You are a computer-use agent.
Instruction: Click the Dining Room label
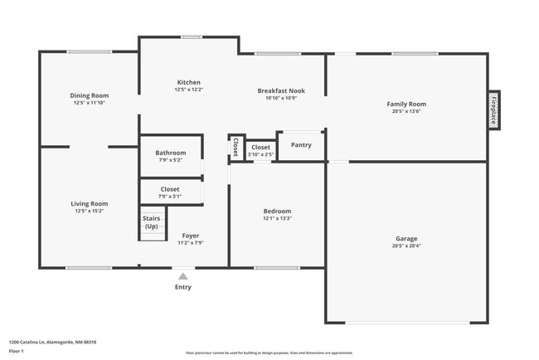coord(89,95)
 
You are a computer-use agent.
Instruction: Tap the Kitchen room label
coord(188,82)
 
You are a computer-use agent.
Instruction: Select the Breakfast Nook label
coord(281,90)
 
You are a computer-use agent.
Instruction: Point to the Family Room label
coord(406,104)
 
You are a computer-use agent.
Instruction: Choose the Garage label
coord(406,239)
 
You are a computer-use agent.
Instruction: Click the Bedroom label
coord(277,212)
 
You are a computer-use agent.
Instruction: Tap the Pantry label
coord(301,145)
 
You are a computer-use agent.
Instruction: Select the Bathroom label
coord(170,153)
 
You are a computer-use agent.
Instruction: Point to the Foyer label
coord(191,236)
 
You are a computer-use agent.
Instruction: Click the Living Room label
coord(89,203)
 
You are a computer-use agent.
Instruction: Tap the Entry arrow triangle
coord(183,275)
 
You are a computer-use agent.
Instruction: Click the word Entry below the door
coord(183,287)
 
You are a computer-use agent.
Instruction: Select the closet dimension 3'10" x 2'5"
coord(260,154)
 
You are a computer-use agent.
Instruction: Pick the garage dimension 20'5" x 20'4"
coord(406,246)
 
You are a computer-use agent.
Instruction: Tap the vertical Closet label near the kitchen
coord(236,147)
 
